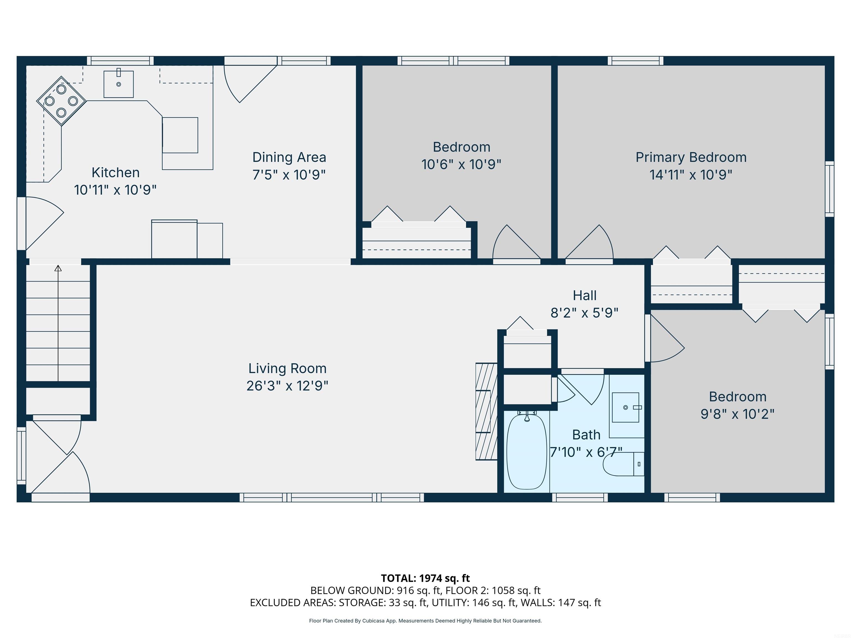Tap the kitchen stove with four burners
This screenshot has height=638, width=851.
tap(61, 101)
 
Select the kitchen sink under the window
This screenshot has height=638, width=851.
tap(119, 84)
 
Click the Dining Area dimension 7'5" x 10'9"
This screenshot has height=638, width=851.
tap(289, 175)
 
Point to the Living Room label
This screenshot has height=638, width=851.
tap(287, 368)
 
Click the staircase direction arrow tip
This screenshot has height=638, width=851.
tap(58, 268)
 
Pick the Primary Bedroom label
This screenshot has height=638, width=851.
tap(691, 157)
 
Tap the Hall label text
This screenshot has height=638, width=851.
tap(585, 296)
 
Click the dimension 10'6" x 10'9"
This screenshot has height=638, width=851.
tap(461, 164)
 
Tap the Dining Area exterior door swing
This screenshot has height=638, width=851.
tap(246, 83)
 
